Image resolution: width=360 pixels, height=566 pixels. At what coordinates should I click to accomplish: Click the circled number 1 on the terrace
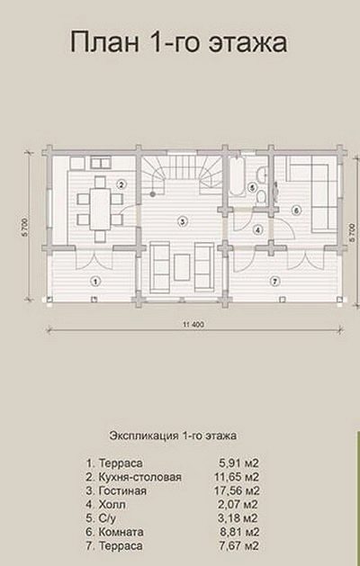click(95, 281)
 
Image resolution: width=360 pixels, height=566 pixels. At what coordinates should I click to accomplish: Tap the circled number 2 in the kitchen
click(121, 184)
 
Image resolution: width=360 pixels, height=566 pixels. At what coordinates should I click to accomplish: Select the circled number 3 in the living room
click(183, 221)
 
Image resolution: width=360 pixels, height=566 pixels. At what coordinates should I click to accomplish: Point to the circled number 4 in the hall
click(257, 229)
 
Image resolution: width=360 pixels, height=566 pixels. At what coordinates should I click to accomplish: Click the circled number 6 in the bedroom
click(296, 211)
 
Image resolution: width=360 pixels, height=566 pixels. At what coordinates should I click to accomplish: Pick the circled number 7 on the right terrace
click(274, 281)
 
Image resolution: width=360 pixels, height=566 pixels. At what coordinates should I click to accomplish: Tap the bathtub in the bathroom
click(237, 176)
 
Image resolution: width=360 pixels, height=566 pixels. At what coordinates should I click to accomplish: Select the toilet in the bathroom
click(261, 197)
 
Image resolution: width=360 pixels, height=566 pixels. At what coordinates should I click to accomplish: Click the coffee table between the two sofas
click(182, 267)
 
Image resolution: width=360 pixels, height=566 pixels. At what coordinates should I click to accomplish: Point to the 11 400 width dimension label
click(193, 325)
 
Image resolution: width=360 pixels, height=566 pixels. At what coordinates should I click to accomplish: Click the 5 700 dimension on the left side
click(25, 228)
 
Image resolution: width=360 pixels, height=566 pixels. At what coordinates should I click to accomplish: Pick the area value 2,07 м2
click(238, 505)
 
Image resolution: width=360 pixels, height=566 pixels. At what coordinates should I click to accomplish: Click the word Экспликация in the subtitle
click(143, 436)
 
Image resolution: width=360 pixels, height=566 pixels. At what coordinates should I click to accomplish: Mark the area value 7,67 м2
click(239, 546)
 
